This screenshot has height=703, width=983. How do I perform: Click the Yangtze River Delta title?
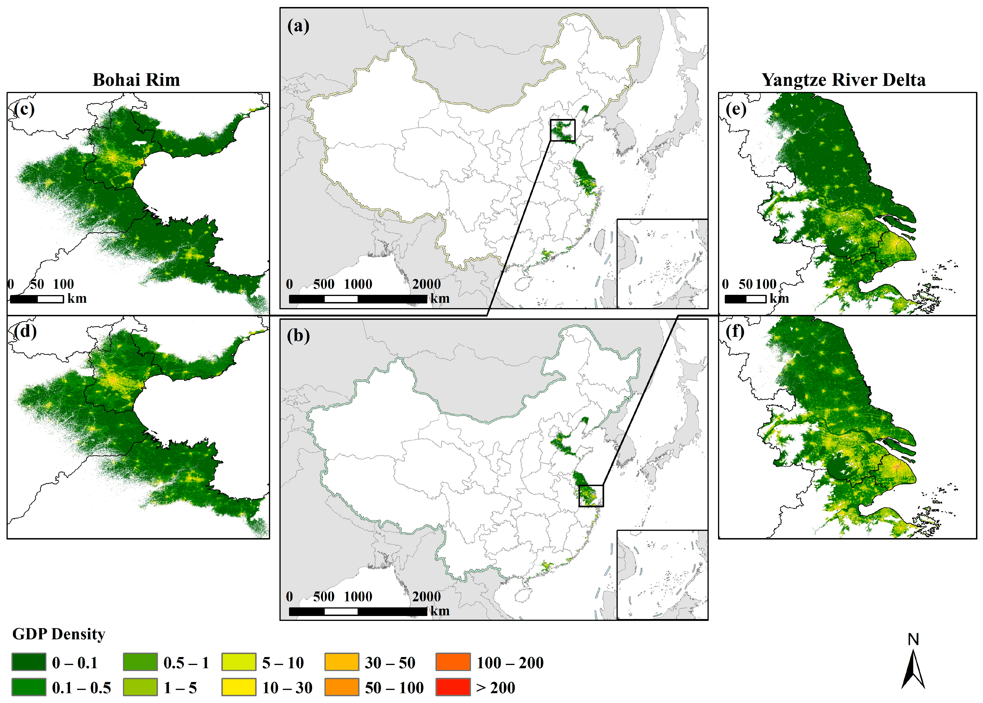(x=843, y=80)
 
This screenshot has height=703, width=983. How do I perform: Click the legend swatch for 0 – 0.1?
(x=28, y=662)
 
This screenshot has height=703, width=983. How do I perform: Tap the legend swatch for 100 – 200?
(x=453, y=662)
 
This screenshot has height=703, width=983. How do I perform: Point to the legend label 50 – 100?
(x=394, y=687)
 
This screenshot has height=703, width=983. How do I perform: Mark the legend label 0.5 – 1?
(x=186, y=663)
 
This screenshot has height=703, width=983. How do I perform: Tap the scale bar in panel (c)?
(x=37, y=299)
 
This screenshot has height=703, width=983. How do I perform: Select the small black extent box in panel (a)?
(x=563, y=130)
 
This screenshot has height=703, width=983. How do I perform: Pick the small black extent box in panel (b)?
(x=591, y=496)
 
